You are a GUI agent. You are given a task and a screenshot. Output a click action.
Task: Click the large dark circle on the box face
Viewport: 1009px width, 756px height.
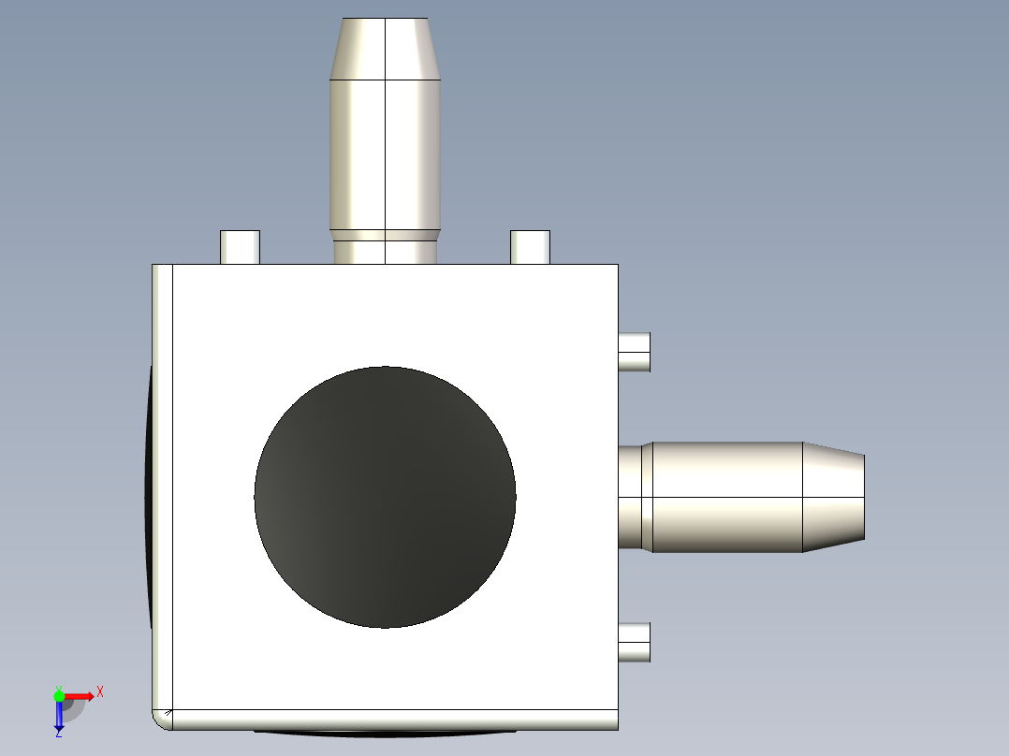(x=385, y=497)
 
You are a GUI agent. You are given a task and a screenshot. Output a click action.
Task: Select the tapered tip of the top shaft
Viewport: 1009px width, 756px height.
(x=385, y=49)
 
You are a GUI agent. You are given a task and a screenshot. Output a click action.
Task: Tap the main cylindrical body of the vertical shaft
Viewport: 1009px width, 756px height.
(x=385, y=154)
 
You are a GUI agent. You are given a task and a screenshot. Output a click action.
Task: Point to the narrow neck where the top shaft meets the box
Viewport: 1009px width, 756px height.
(x=385, y=251)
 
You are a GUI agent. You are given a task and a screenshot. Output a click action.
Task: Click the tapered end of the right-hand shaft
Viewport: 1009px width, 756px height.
(x=833, y=497)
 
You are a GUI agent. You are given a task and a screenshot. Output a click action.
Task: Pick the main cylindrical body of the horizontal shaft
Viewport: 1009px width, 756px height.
(x=726, y=497)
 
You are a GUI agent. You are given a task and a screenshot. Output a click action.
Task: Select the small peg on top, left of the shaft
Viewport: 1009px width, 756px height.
(x=240, y=247)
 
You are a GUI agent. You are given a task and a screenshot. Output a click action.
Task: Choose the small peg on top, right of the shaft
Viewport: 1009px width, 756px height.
(x=530, y=247)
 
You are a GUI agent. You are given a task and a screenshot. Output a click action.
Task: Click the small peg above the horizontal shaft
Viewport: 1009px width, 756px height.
(x=635, y=352)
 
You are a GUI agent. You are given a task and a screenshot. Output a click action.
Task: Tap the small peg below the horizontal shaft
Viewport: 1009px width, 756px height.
(x=635, y=642)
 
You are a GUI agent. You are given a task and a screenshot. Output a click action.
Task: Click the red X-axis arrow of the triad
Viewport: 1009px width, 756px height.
(x=80, y=696)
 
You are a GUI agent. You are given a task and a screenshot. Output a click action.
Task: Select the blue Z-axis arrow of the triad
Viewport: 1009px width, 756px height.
(x=59, y=716)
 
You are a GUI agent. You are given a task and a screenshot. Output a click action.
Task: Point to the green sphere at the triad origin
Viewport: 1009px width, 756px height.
(x=59, y=695)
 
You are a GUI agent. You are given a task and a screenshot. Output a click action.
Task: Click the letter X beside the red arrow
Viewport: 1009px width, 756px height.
(x=99, y=692)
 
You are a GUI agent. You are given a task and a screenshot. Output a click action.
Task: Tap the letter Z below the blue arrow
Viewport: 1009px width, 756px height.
(x=58, y=734)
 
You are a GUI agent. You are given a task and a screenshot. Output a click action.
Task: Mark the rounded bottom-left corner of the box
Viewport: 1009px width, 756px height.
(x=161, y=720)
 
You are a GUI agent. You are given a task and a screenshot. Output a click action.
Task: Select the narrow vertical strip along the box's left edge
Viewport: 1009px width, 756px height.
(x=163, y=487)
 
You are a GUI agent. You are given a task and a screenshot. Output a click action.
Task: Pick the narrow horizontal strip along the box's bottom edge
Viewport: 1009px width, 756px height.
(x=393, y=720)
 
